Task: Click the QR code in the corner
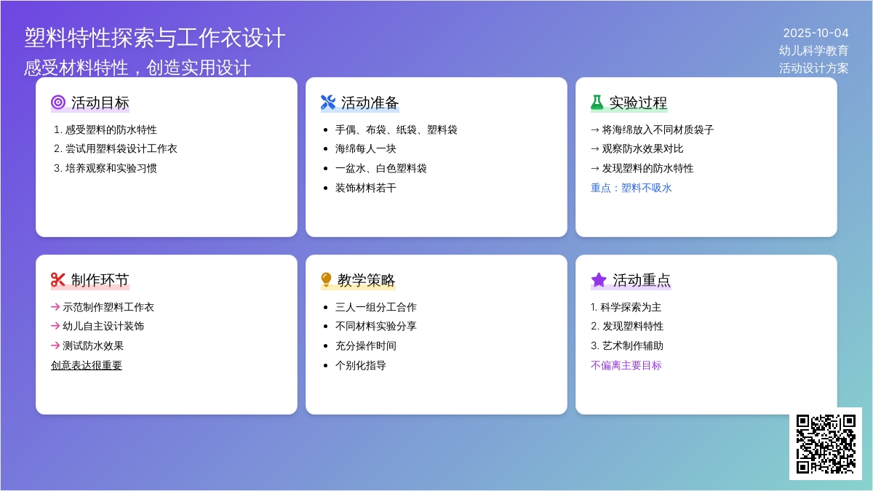point(826,444)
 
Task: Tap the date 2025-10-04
point(816,33)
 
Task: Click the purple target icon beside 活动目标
point(58,103)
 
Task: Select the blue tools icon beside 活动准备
point(328,103)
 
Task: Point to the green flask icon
point(597,103)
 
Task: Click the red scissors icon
point(57,280)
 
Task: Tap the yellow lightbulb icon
point(326,280)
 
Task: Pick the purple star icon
point(599,280)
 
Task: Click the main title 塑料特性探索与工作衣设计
point(155,38)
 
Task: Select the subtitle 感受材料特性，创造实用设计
point(137,68)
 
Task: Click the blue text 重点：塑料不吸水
point(631,188)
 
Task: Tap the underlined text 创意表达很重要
point(87,365)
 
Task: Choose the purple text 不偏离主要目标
point(626,365)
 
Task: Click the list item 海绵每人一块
point(365,148)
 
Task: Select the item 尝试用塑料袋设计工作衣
point(116,148)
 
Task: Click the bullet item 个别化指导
point(361,365)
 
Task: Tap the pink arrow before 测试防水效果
point(55,346)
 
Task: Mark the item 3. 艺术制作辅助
point(627,346)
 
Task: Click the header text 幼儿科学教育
point(814,50)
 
